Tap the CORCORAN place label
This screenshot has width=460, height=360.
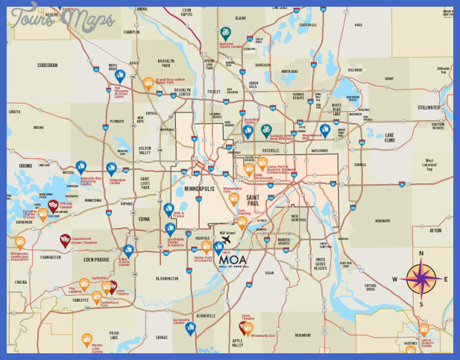(48, 66)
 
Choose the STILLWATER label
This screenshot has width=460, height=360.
(429, 107)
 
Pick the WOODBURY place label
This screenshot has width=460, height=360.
(382, 221)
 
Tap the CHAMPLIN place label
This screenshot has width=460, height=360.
(132, 32)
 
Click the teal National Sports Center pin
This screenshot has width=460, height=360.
(224, 33)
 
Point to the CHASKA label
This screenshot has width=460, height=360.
(21, 283)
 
